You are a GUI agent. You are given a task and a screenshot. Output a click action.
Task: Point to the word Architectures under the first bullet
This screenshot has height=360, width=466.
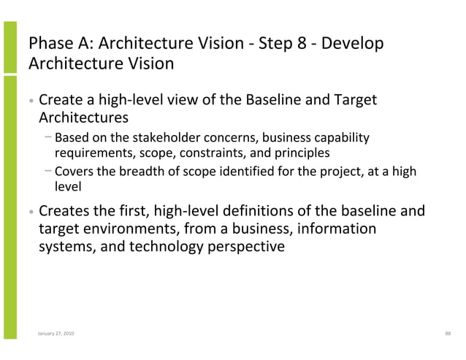point(83,117)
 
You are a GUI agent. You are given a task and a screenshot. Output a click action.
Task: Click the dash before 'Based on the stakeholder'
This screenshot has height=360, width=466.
point(47,137)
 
